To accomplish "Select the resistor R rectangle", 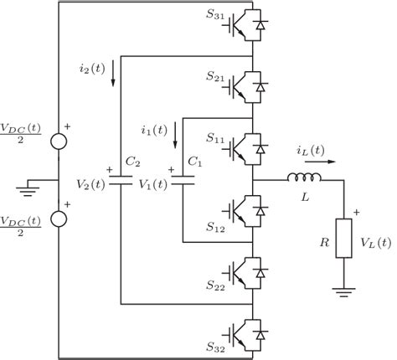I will pos(344,240).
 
